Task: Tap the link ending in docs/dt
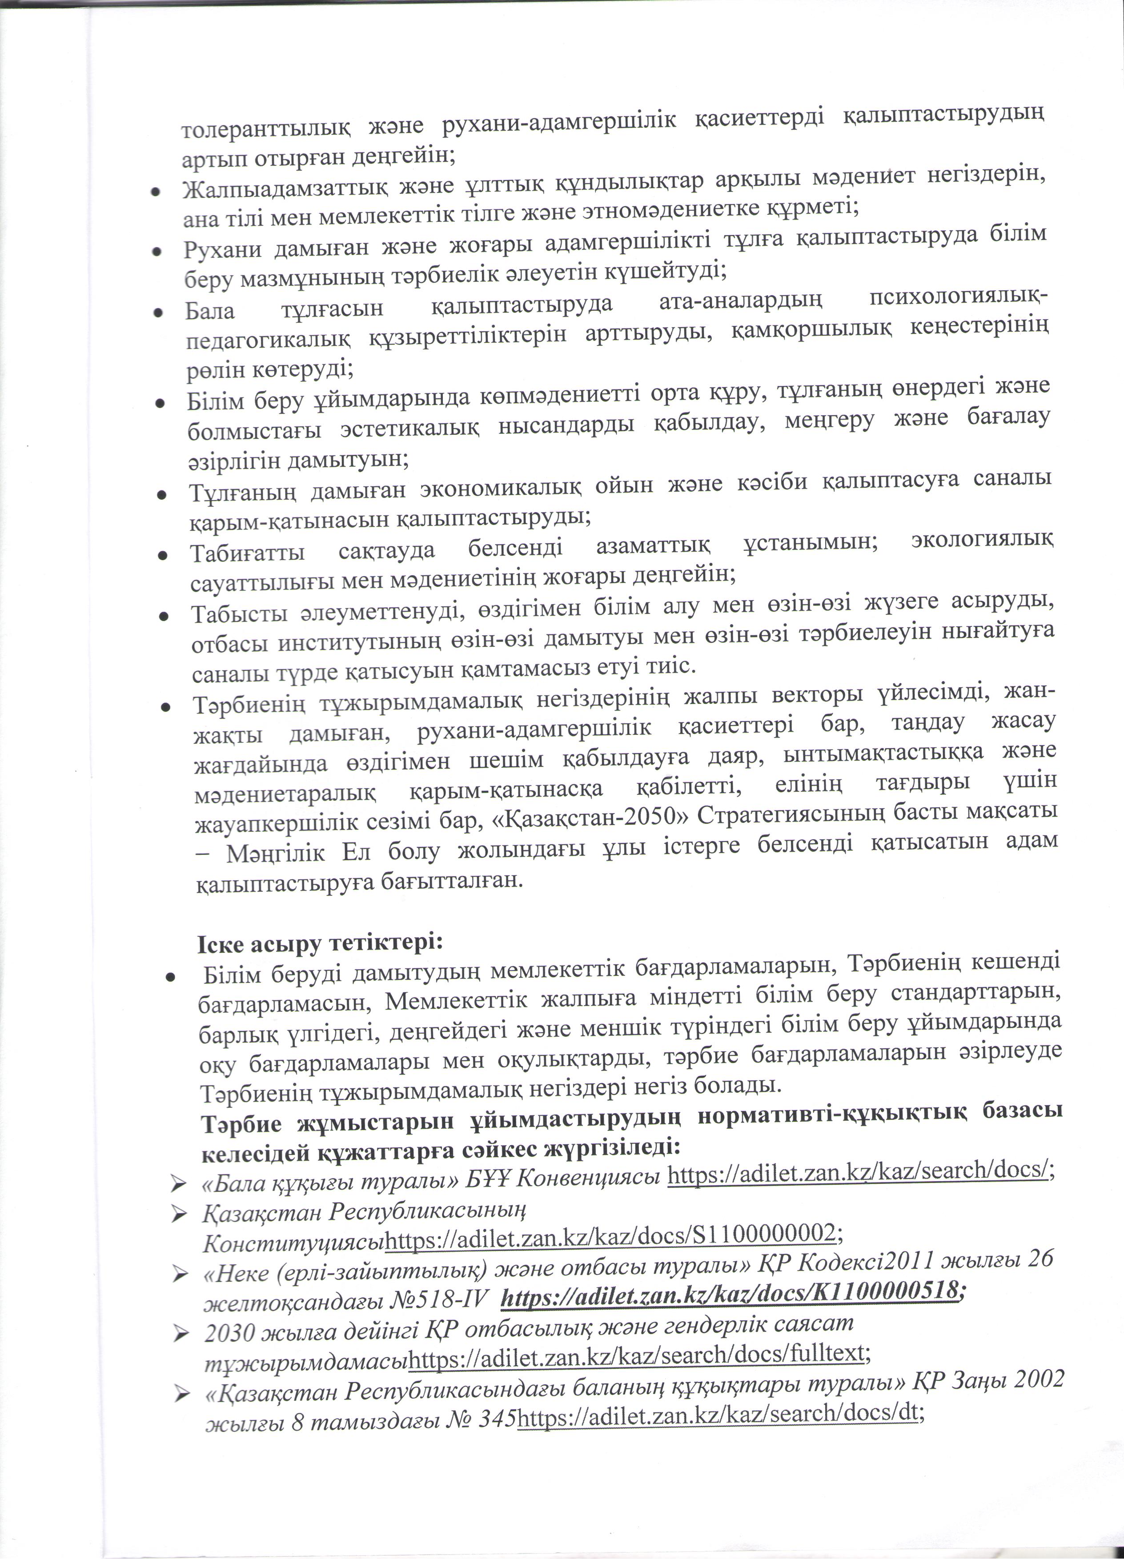click(719, 1413)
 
